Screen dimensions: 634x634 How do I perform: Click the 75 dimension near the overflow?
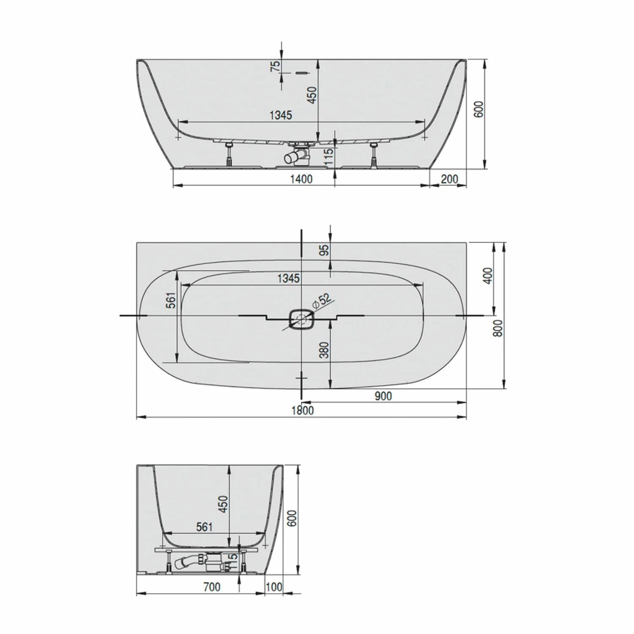[275, 66]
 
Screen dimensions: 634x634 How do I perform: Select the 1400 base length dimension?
[301, 179]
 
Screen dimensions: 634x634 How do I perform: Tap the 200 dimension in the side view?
[449, 179]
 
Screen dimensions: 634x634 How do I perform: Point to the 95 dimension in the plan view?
[324, 251]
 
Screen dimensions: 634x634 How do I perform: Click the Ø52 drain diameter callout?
[322, 301]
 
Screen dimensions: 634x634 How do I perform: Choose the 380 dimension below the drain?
[324, 350]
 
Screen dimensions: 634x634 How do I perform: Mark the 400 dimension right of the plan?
[488, 276]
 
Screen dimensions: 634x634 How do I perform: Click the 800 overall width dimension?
[499, 328]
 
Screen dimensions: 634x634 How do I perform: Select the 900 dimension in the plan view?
[383, 396]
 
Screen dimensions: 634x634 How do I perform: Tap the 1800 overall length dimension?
[303, 410]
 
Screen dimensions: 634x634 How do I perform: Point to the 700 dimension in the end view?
[211, 587]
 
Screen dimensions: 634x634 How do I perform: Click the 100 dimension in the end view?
[274, 587]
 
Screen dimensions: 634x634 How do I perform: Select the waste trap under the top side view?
[298, 156]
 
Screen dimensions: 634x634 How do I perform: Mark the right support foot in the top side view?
[374, 155]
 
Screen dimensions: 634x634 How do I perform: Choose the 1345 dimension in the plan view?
[288, 279]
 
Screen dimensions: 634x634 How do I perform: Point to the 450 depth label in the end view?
[223, 504]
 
